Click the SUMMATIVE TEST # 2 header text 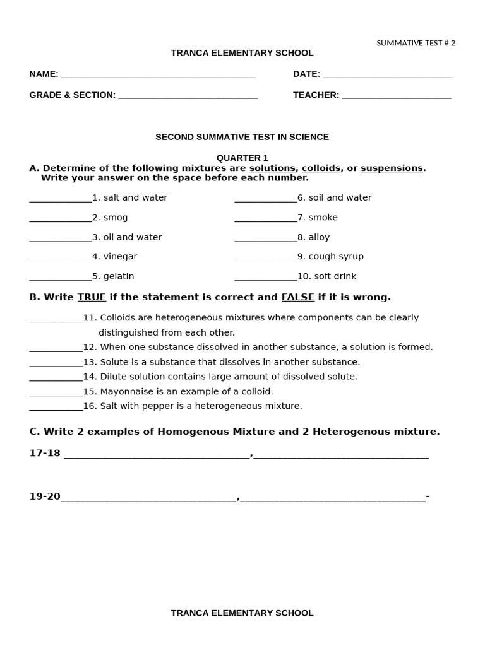[416, 43]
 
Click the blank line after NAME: [158, 75]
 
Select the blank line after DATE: [387, 75]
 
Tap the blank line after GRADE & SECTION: [188, 96]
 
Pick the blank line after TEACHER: [396, 96]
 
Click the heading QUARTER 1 [242, 158]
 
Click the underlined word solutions [272, 168]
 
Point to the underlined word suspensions [392, 168]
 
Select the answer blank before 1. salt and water [61, 199]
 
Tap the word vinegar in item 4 [120, 257]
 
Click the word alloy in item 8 [319, 237]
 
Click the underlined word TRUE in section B [92, 297]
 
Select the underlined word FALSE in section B [297, 297]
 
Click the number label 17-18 [45, 453]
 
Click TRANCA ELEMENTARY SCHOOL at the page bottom [242, 613]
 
